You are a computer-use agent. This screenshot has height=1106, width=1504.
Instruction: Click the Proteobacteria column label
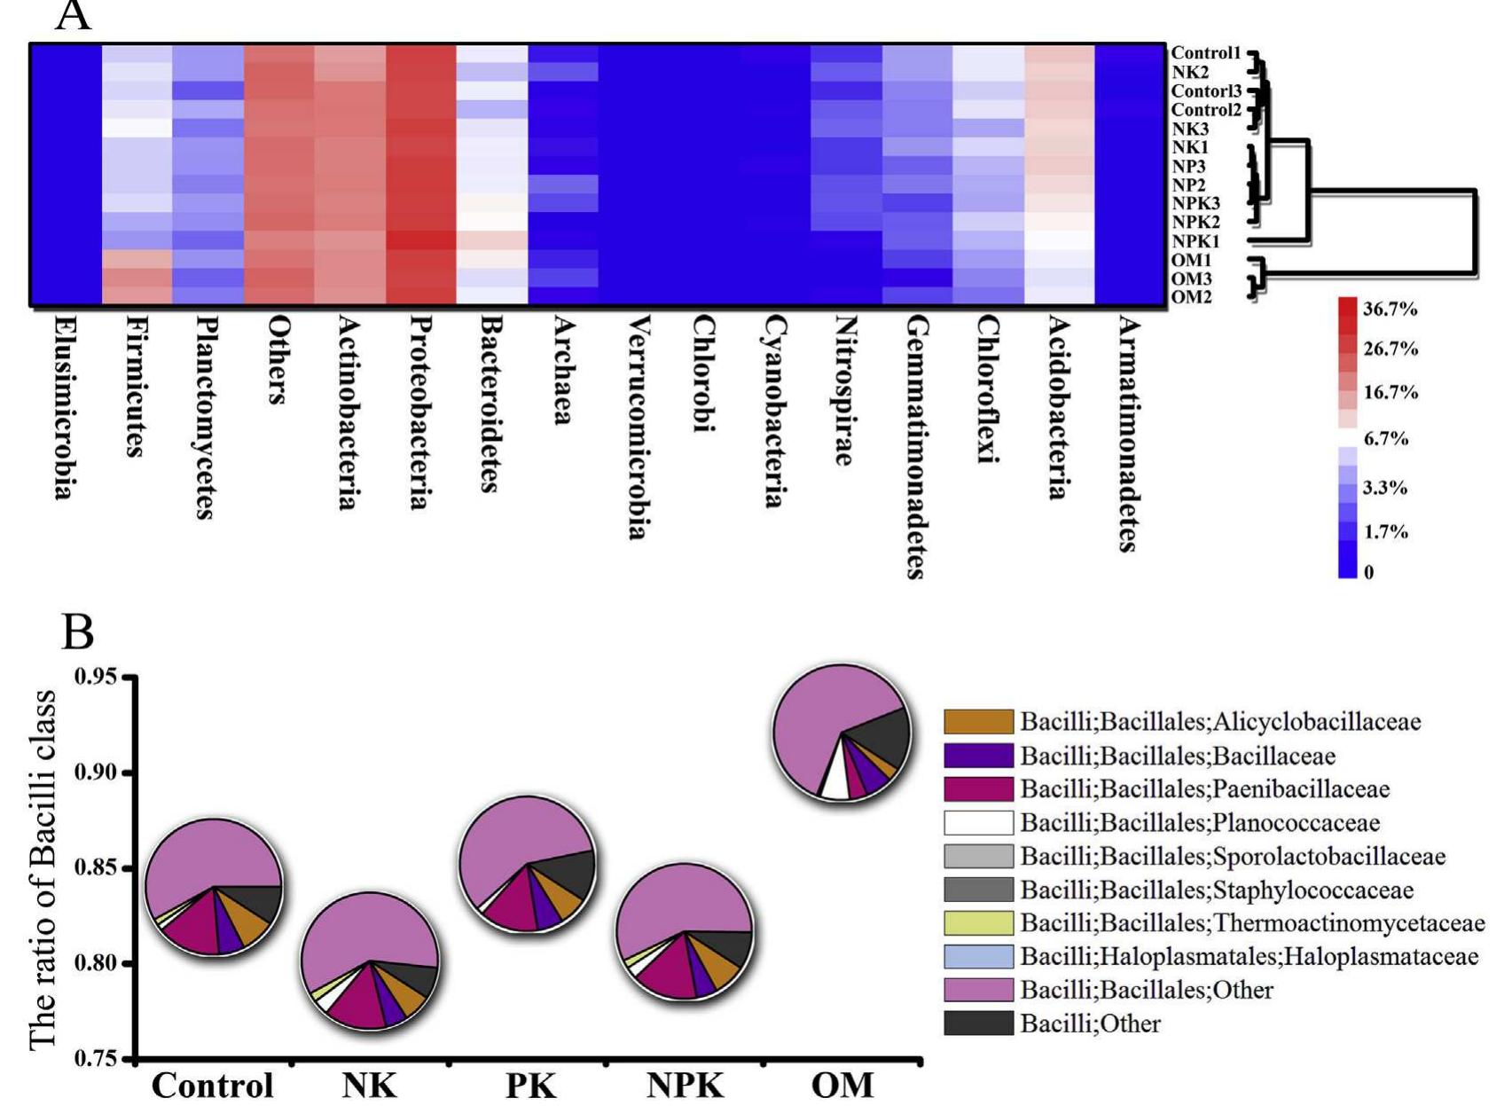419,412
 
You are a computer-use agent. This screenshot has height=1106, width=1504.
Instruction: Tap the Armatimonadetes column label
1127,434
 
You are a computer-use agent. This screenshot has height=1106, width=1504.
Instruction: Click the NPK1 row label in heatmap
1195,241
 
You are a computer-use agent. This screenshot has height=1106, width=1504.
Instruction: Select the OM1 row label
1191,260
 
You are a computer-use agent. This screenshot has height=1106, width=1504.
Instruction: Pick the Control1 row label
1205,53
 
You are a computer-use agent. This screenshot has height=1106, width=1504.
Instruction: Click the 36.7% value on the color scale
1390,309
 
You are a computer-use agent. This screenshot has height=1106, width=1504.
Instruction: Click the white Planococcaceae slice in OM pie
834,783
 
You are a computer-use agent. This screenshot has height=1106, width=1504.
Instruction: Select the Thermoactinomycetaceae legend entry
1251,923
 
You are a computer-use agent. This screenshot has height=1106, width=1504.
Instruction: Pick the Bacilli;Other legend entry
1089,1024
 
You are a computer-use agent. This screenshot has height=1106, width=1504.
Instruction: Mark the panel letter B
78,632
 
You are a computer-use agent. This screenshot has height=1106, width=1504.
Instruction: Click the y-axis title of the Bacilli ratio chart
43,869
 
